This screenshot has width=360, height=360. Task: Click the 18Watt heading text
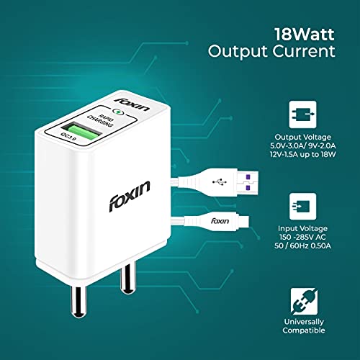(x=305, y=35)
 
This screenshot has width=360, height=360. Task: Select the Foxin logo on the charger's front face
(x=130, y=197)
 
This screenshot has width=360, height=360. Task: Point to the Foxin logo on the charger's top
(x=132, y=104)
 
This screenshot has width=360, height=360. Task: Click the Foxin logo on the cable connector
(x=220, y=221)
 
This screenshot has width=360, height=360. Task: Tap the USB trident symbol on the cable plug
(x=220, y=181)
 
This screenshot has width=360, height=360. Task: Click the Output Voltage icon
(x=302, y=114)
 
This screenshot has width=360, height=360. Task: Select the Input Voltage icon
(x=302, y=207)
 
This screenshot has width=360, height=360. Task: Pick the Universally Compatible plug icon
(x=304, y=302)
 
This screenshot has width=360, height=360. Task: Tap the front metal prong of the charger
(x=78, y=300)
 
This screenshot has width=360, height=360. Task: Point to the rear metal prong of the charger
(x=127, y=279)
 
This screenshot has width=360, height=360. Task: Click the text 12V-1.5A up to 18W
(x=302, y=154)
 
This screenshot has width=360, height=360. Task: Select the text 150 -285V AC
(x=302, y=237)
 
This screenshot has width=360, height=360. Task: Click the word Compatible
(x=304, y=330)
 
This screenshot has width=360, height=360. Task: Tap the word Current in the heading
(x=304, y=51)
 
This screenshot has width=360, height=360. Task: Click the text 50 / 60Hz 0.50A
(x=302, y=246)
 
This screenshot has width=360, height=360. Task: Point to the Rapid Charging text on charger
(x=100, y=120)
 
